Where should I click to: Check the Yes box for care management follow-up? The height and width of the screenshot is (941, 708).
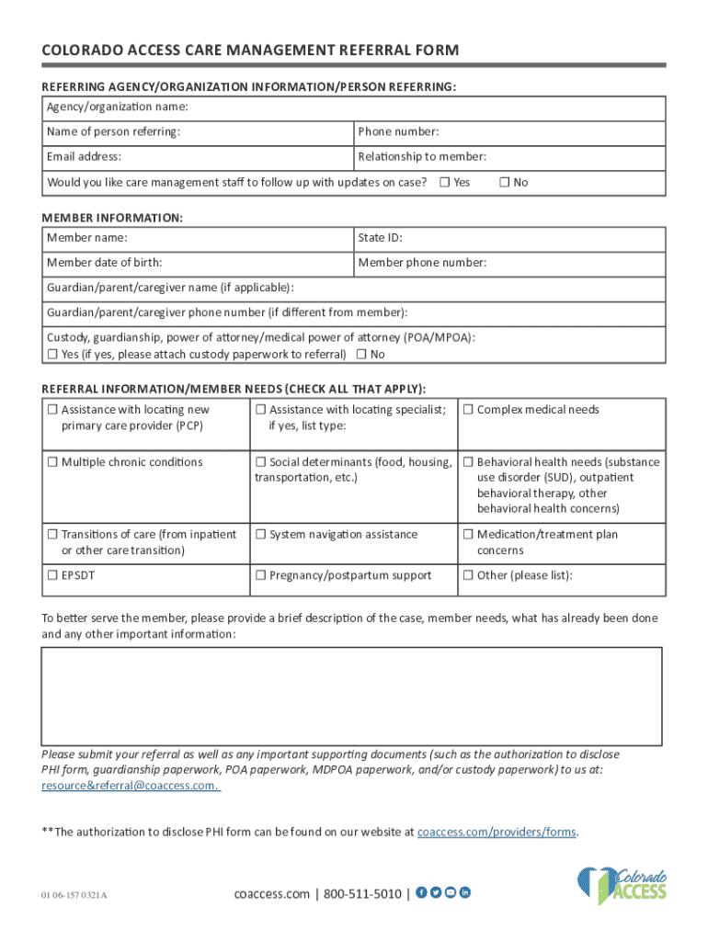pos(444,182)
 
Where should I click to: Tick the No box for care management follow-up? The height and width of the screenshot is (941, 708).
pos(504,182)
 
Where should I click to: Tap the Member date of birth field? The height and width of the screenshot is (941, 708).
pos(248,263)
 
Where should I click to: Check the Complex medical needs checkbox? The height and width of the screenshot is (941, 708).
pos(467,410)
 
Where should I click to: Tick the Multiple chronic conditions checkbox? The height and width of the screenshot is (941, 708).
pos(52,462)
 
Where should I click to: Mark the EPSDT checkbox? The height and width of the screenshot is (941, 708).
pos(52,576)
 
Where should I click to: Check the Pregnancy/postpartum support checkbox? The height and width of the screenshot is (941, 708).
pos(260,576)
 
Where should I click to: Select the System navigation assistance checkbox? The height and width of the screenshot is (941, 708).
pos(260,535)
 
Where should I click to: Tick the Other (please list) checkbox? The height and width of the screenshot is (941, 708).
pos(467,576)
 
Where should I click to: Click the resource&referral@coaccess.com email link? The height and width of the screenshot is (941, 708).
pos(130,786)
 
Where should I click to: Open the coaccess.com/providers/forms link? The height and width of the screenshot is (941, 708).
pos(497,833)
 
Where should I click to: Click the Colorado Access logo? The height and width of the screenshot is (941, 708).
pos(622,886)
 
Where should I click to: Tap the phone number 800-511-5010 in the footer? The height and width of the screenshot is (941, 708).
pos(362,893)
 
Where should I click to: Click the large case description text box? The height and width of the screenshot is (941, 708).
pos(351,696)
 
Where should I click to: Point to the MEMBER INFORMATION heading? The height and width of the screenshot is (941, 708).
pos(112,219)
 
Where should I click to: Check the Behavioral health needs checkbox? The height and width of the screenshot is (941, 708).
pos(467,462)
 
